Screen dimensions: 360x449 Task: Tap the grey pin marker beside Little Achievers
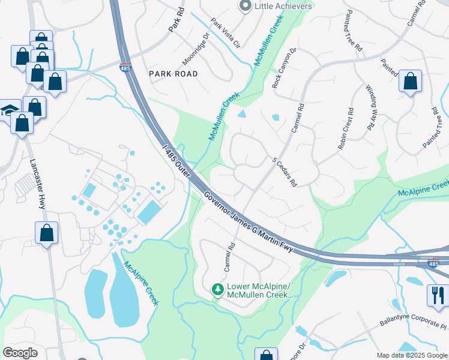pyautogui.click(x=245, y=6)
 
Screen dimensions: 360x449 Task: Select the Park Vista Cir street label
pyautogui.click(x=225, y=33)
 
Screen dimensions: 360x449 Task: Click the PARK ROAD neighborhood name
pyautogui.click(x=173, y=74)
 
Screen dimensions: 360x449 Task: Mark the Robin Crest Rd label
pyautogui.click(x=346, y=128)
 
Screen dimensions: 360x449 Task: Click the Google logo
pyautogui.click(x=20, y=353)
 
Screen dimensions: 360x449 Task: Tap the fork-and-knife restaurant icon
pyautogui.click(x=436, y=295)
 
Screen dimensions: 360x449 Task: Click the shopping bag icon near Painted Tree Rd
pyautogui.click(x=410, y=82)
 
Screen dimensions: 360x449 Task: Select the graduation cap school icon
pyautogui.click(x=8, y=110)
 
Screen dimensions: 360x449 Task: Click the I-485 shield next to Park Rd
pyautogui.click(x=125, y=68)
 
